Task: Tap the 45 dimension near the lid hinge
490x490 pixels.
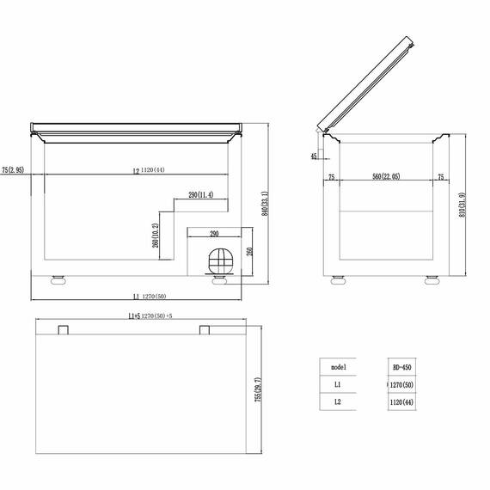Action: click(x=315, y=156)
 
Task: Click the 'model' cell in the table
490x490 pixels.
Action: click(x=337, y=367)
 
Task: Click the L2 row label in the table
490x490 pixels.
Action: click(x=337, y=401)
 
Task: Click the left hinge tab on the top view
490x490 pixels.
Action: click(x=63, y=330)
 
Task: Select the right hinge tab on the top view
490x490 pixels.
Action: click(x=205, y=330)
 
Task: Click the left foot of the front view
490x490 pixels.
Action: click(x=58, y=279)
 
